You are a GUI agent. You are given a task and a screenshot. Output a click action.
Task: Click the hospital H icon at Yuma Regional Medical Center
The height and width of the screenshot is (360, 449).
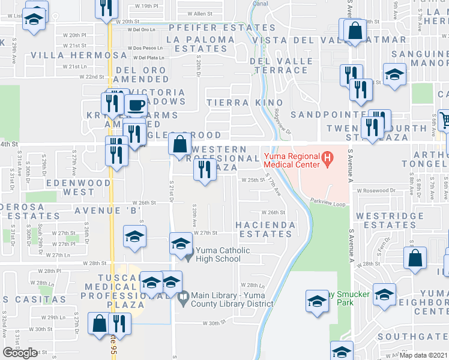click(x=328, y=159)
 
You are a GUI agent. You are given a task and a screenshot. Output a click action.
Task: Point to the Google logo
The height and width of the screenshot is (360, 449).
click(x=20, y=353)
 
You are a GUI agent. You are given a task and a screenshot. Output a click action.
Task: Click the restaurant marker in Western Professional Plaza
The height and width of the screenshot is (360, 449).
click(x=205, y=169)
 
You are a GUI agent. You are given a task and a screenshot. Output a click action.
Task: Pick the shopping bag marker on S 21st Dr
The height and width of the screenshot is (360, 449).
click(x=180, y=145)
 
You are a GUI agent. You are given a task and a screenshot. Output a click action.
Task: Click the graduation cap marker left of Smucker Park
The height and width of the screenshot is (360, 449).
click(x=316, y=301)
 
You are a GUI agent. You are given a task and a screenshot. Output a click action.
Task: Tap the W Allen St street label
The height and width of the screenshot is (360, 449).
click(x=200, y=13)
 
